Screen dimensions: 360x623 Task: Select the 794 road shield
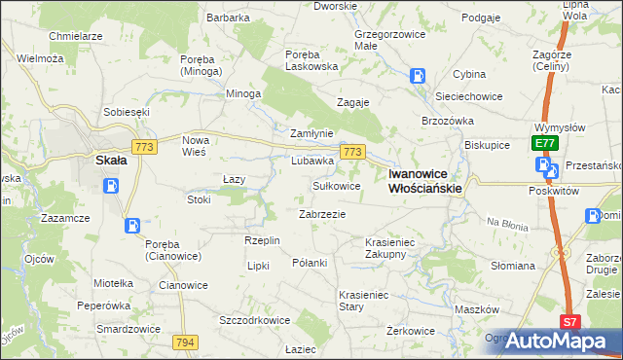[186, 342]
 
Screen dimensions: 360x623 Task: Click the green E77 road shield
[544, 144]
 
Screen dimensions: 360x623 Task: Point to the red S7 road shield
[571, 321]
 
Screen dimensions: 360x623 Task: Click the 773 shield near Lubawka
[352, 153]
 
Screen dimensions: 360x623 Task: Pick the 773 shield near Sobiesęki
[146, 146]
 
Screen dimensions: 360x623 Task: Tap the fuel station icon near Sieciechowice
[417, 75]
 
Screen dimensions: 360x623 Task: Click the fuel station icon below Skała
[113, 185]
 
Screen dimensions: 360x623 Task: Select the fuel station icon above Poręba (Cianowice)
[131, 226]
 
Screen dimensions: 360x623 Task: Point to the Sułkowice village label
[336, 185]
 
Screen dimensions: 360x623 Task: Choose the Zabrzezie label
[322, 213]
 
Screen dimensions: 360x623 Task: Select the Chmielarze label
[76, 36]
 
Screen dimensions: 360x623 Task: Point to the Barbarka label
[228, 18]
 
